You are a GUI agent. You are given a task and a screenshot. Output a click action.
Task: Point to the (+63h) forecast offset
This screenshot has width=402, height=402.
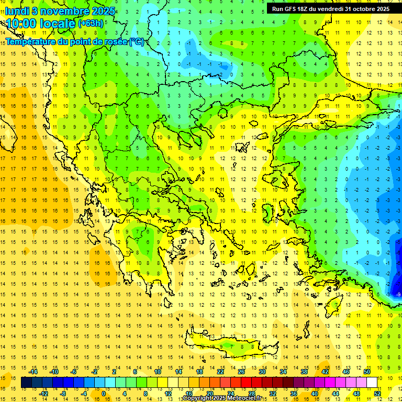coord(91,24)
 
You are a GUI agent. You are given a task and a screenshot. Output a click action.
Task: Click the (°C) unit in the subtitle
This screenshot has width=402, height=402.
coord(136,41)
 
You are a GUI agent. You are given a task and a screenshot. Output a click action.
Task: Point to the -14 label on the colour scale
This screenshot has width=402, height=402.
coord(33,372)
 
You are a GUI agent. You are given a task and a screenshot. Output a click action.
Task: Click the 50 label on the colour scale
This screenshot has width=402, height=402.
coord(367,372)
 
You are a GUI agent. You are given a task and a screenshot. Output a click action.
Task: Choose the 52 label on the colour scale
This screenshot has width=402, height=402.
coord(377,393)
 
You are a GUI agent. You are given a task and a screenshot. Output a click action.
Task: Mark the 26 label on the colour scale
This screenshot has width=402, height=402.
coord(241,372)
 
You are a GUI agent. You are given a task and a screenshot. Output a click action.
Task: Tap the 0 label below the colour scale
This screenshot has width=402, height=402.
coord(103,393)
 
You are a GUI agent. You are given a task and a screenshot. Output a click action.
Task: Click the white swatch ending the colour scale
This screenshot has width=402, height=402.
coord(372,383)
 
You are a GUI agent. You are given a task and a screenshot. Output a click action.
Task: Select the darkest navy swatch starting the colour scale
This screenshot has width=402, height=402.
coord(26,383)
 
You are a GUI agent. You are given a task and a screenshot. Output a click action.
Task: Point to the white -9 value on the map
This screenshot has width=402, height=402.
coord(398,294)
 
